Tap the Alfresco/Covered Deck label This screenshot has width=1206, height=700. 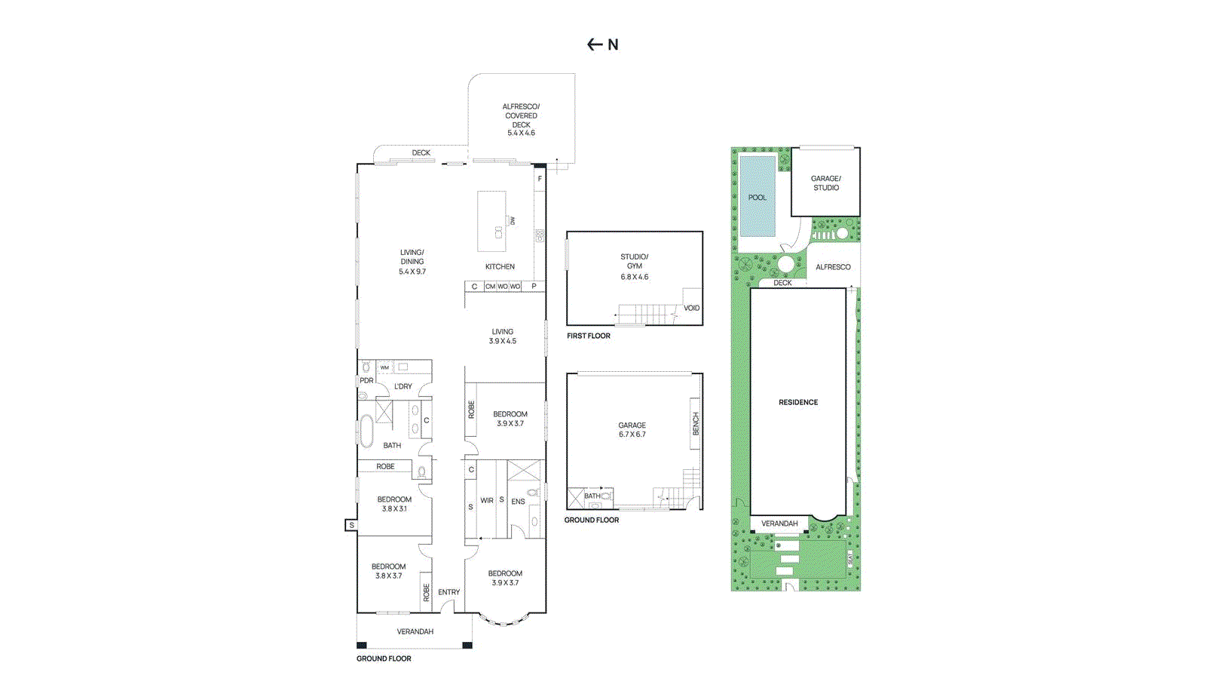click(521, 119)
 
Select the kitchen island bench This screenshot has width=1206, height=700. click(491, 221)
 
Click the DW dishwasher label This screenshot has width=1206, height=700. click(513, 221)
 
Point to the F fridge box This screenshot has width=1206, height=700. click(540, 180)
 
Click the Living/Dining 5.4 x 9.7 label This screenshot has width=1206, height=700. click(412, 262)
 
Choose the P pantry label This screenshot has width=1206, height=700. click(534, 287)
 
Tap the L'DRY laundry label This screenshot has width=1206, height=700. click(403, 386)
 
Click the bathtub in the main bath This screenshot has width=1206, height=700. click(366, 431)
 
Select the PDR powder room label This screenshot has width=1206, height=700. click(366, 380)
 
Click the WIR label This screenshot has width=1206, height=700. click(487, 501)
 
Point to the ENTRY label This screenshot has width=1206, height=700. click(448, 592)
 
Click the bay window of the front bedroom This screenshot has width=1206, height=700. click(504, 620)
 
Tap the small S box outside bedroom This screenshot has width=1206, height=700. click(351, 525)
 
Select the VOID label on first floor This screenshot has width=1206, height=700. click(691, 308)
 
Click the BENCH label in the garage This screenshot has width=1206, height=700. click(696, 423)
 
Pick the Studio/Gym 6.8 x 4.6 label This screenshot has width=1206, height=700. click(634, 266)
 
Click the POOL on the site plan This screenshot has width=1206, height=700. click(758, 197)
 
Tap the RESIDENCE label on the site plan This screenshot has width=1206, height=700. click(798, 402)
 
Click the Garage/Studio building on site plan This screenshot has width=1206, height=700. click(825, 183)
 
